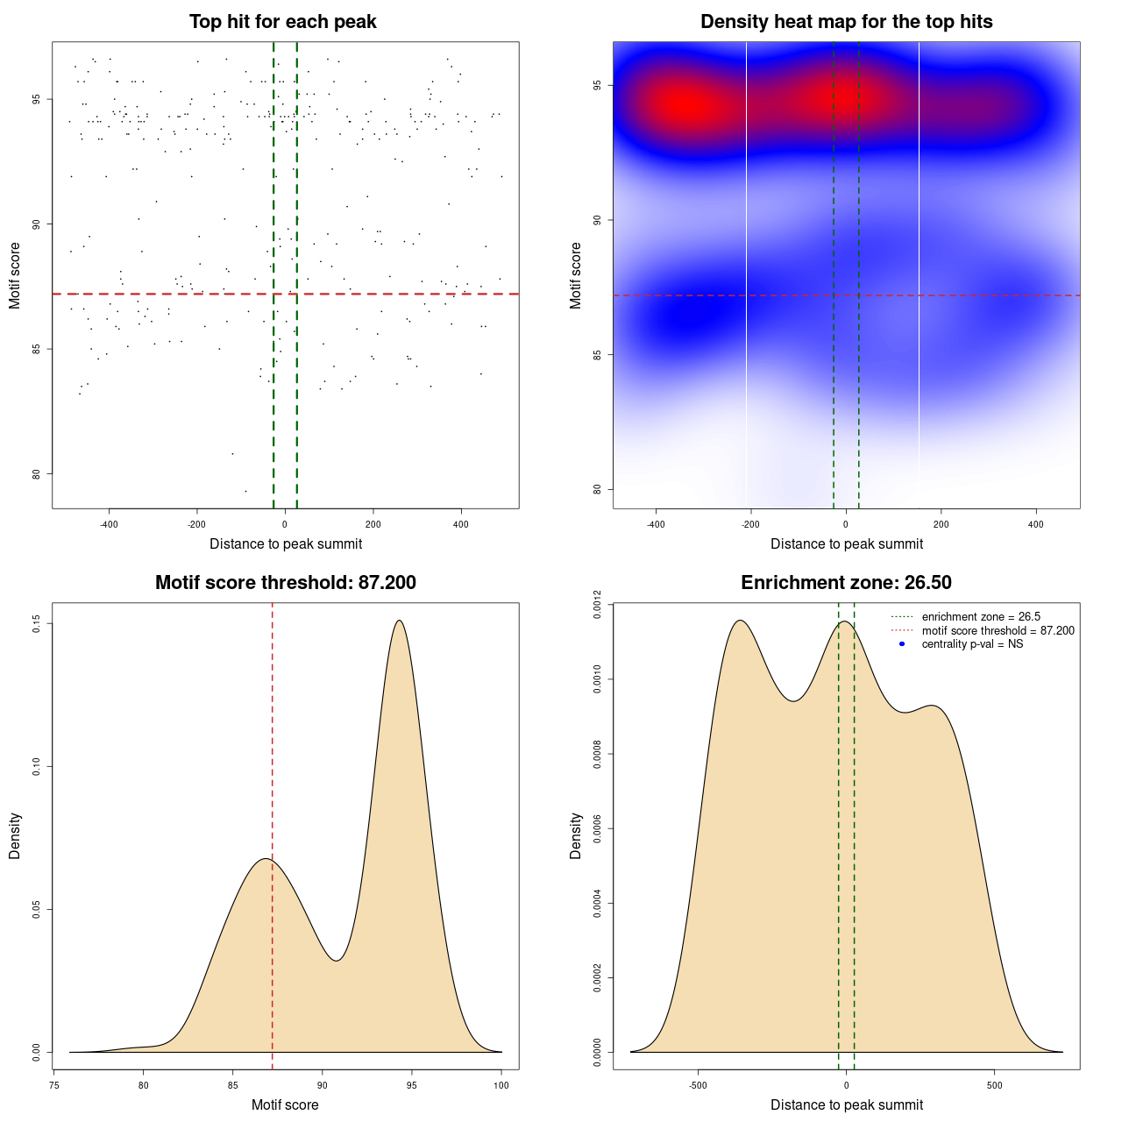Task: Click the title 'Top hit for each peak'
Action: (x=283, y=22)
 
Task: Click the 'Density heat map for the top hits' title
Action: (x=846, y=22)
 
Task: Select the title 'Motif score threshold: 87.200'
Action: (x=285, y=583)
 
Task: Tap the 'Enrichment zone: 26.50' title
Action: (x=846, y=583)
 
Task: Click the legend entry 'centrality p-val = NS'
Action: (x=972, y=644)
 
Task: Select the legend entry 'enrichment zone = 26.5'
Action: (x=981, y=617)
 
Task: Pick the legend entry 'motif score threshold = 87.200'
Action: (x=998, y=631)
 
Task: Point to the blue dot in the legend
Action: (x=902, y=644)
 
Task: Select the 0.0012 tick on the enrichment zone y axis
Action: (x=598, y=605)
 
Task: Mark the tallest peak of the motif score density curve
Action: (x=400, y=621)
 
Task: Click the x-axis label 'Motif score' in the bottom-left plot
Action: (x=285, y=1104)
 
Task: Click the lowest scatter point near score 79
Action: (x=245, y=491)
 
